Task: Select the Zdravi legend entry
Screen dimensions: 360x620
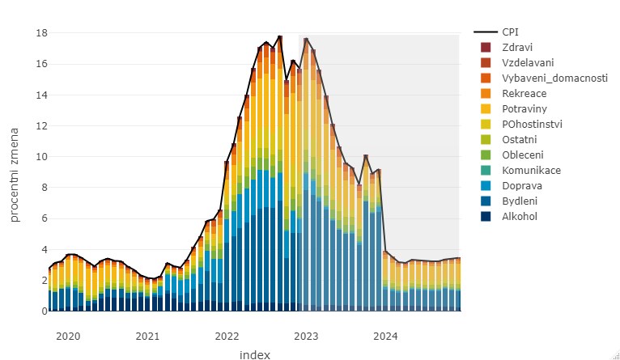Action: point(516,47)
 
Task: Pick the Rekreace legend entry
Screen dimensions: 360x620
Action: point(524,93)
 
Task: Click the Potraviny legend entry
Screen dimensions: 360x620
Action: point(524,108)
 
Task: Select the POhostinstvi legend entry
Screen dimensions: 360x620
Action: point(532,124)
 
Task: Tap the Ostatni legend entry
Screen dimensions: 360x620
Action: point(520,139)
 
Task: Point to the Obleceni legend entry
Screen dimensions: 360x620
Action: point(523,155)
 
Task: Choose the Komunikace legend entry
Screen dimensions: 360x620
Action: point(531,170)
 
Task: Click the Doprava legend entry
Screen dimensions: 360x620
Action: point(520,185)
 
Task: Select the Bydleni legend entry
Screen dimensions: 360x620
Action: point(520,201)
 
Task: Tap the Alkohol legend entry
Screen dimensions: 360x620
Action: point(520,216)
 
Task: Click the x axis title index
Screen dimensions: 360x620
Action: point(254,354)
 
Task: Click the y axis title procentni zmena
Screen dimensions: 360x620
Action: point(15,172)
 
